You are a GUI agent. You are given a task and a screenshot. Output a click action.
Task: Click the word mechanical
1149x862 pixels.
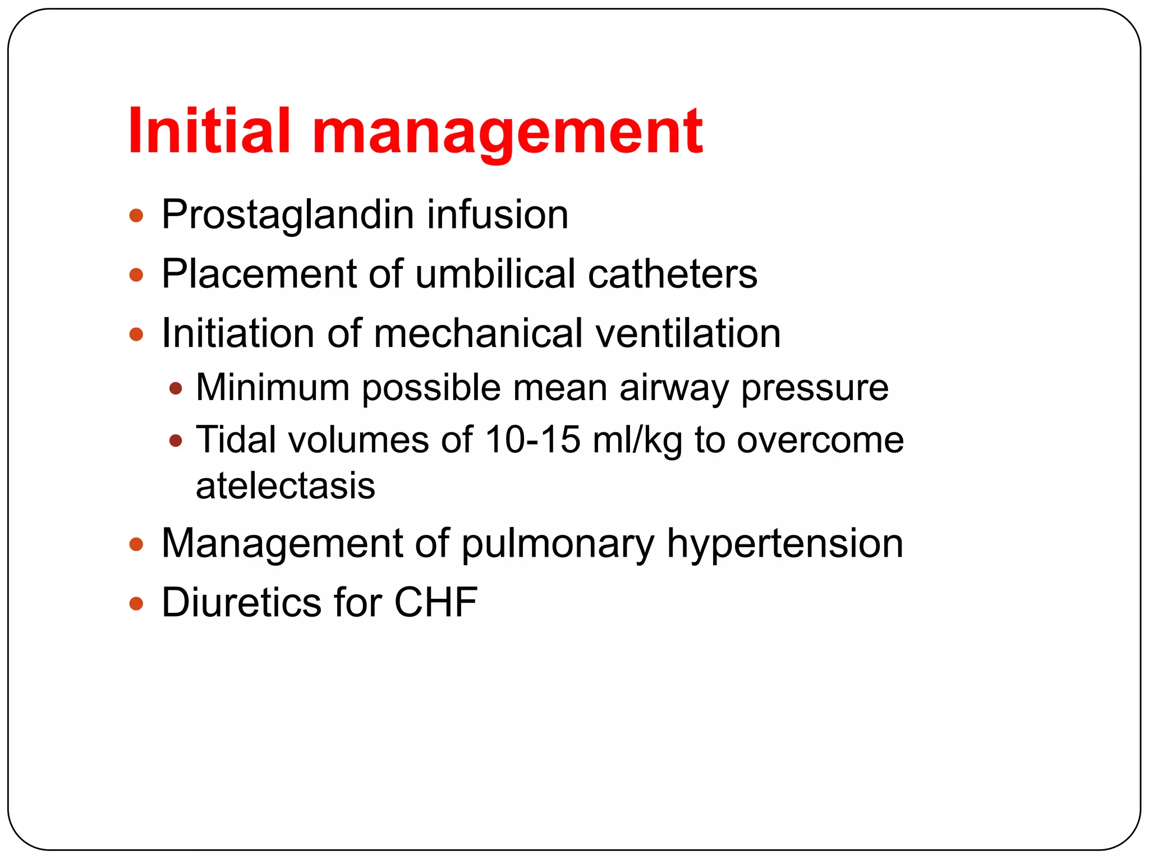pyautogui.click(x=478, y=333)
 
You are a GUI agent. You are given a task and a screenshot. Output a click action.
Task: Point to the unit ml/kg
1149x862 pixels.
pyautogui.click(x=637, y=441)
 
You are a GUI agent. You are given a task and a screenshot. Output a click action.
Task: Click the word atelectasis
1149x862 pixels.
pyautogui.click(x=285, y=486)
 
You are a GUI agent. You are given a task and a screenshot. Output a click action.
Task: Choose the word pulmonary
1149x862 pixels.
pyautogui.click(x=558, y=544)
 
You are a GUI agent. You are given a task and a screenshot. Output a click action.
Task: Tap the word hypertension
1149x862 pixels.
pyautogui.click(x=784, y=544)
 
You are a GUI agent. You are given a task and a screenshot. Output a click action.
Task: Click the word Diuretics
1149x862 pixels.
pyautogui.click(x=241, y=603)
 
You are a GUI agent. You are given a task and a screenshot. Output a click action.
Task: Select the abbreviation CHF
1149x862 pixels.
pyautogui.click(x=435, y=603)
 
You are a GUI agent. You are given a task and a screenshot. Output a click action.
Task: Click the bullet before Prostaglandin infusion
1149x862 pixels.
pyautogui.click(x=136, y=215)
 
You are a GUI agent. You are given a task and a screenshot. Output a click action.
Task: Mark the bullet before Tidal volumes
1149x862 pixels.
pyautogui.click(x=176, y=441)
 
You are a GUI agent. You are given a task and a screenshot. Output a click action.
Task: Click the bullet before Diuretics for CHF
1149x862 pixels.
pyautogui.click(x=136, y=604)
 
